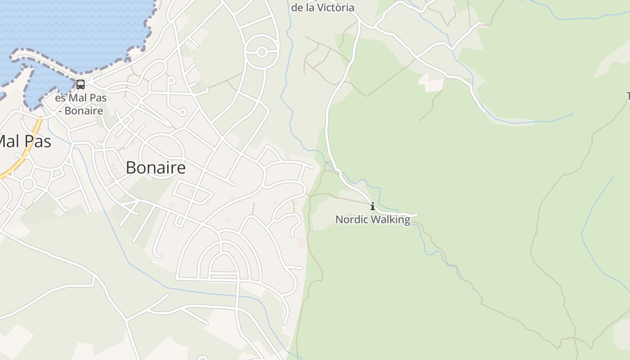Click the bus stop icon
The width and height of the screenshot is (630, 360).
click(x=81, y=84)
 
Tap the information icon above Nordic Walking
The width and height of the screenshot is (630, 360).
click(x=373, y=207)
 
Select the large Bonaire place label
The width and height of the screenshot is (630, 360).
click(x=156, y=167)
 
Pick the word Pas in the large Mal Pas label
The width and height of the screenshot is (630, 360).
click(x=37, y=141)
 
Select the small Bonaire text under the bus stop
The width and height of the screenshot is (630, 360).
click(x=84, y=111)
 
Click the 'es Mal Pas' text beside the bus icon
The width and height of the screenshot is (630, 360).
click(x=81, y=98)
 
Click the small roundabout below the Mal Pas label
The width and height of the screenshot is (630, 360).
click(x=28, y=184)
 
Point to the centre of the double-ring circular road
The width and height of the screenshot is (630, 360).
click(x=262, y=52)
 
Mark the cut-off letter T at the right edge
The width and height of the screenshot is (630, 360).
click(x=628, y=96)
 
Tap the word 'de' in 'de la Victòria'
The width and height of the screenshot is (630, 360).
click(x=297, y=8)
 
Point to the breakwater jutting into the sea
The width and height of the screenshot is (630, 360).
click(x=45, y=63)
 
